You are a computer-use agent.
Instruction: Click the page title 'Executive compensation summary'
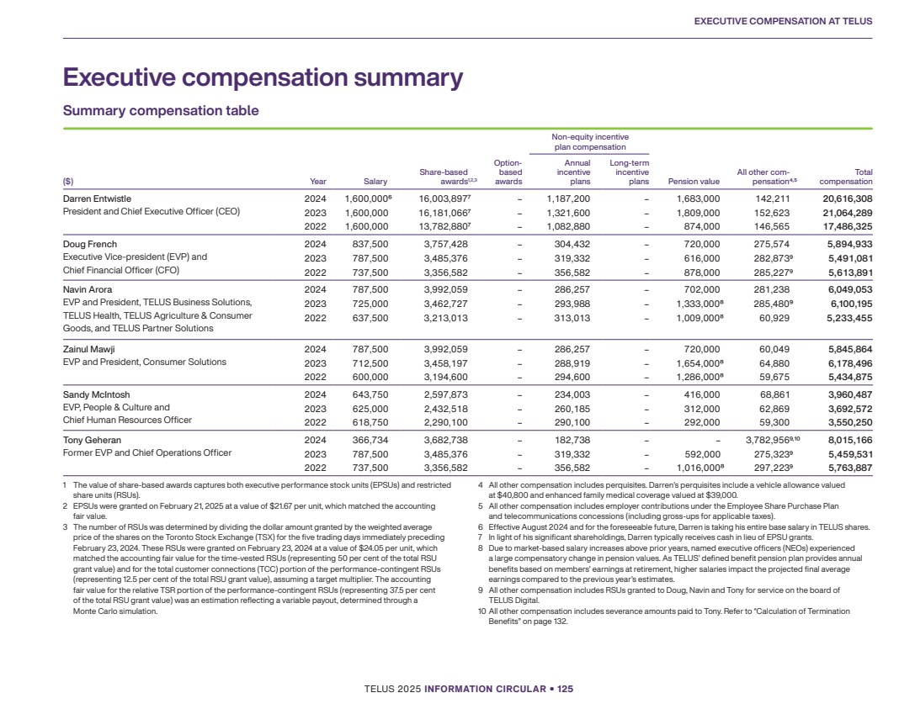coord(263,78)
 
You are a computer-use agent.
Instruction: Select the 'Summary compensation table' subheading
coord(161,111)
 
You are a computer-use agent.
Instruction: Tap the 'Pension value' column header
coord(693,181)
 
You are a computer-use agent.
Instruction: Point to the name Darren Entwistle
coord(97,198)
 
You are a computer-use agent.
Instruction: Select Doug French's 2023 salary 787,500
coord(366,257)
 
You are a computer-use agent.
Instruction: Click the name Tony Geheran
coord(92,440)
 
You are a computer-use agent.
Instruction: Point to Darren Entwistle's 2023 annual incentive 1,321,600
coord(568,213)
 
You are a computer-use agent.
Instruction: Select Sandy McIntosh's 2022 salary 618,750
coord(366,421)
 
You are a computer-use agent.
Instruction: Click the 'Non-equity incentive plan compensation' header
coord(590,142)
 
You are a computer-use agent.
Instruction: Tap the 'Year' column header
coord(318,181)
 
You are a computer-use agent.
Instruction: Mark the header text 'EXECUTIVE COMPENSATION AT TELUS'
coord(783,21)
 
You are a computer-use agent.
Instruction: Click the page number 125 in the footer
coord(564,689)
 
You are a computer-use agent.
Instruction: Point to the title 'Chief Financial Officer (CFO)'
coord(121,270)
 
